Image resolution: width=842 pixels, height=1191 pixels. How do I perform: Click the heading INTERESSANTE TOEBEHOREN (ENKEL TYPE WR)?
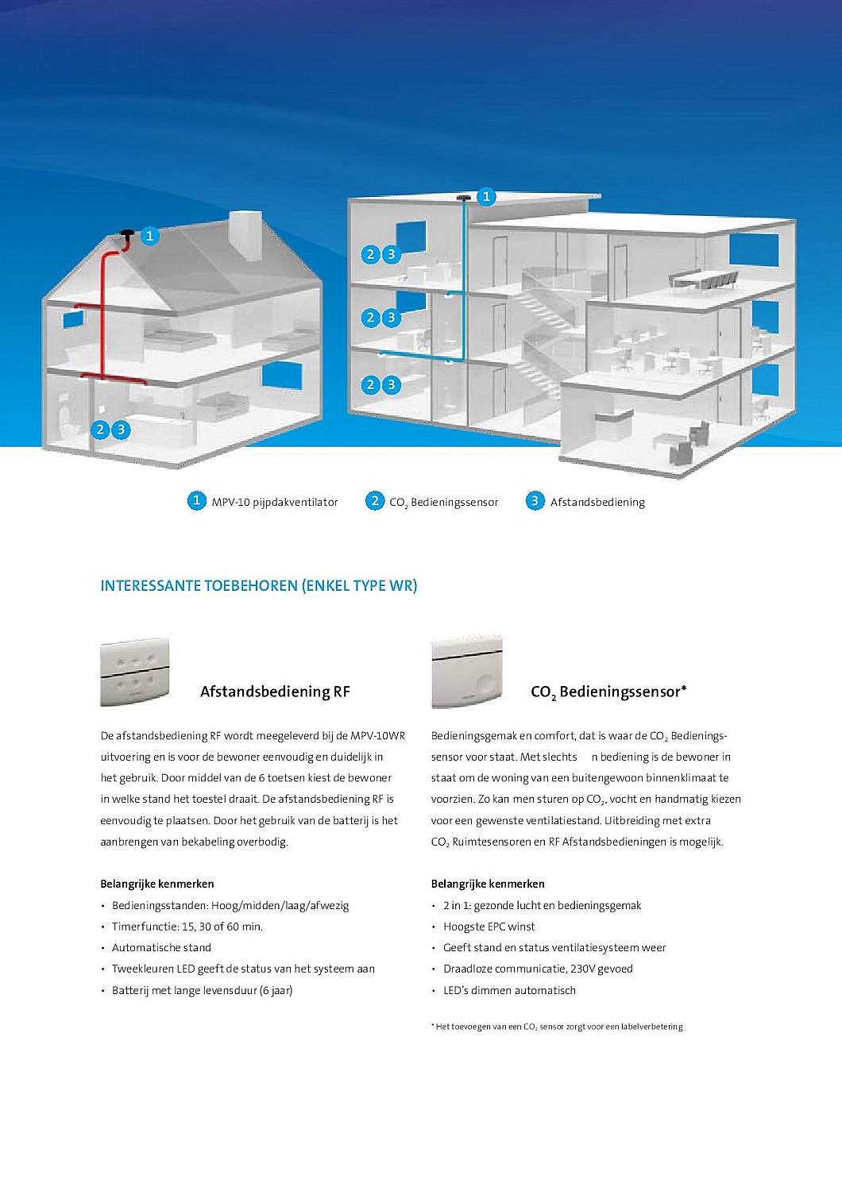pyautogui.click(x=258, y=586)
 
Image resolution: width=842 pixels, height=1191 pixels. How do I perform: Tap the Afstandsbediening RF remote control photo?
pyautogui.click(x=134, y=672)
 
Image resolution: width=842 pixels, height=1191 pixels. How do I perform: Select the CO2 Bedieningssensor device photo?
pyautogui.click(x=466, y=672)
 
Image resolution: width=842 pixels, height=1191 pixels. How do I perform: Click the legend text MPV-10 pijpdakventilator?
pyautogui.click(x=274, y=502)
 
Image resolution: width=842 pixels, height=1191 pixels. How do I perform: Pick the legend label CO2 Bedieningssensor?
pyautogui.click(x=443, y=502)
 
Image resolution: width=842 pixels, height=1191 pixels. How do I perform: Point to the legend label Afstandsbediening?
pyautogui.click(x=597, y=502)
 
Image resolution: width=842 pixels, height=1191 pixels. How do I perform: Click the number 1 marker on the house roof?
pyautogui.click(x=149, y=236)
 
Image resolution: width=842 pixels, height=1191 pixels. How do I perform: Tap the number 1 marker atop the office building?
pyautogui.click(x=486, y=196)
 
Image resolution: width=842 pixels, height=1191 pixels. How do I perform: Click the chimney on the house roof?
pyautogui.click(x=245, y=236)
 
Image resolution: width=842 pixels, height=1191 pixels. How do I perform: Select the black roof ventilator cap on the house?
pyautogui.click(x=126, y=234)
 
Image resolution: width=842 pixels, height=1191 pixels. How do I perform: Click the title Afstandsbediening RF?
pyautogui.click(x=275, y=692)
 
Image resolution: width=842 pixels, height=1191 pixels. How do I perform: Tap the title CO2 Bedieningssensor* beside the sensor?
pyautogui.click(x=608, y=692)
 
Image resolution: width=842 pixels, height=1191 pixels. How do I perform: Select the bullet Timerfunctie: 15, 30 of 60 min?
pyautogui.click(x=187, y=927)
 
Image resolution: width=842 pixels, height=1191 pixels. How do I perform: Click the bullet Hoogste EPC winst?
pyautogui.click(x=489, y=927)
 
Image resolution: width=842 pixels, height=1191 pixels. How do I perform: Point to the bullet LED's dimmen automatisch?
pyautogui.click(x=509, y=990)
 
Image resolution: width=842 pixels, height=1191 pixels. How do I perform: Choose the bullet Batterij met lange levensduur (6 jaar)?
pyautogui.click(x=202, y=990)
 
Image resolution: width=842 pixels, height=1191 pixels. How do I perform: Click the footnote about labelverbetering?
pyautogui.click(x=558, y=1027)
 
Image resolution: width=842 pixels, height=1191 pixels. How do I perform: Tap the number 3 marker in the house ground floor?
pyautogui.click(x=121, y=430)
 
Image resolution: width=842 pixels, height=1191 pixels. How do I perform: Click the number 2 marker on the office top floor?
pyautogui.click(x=370, y=254)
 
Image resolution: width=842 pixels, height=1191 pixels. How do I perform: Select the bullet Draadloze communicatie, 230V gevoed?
pyautogui.click(x=538, y=969)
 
